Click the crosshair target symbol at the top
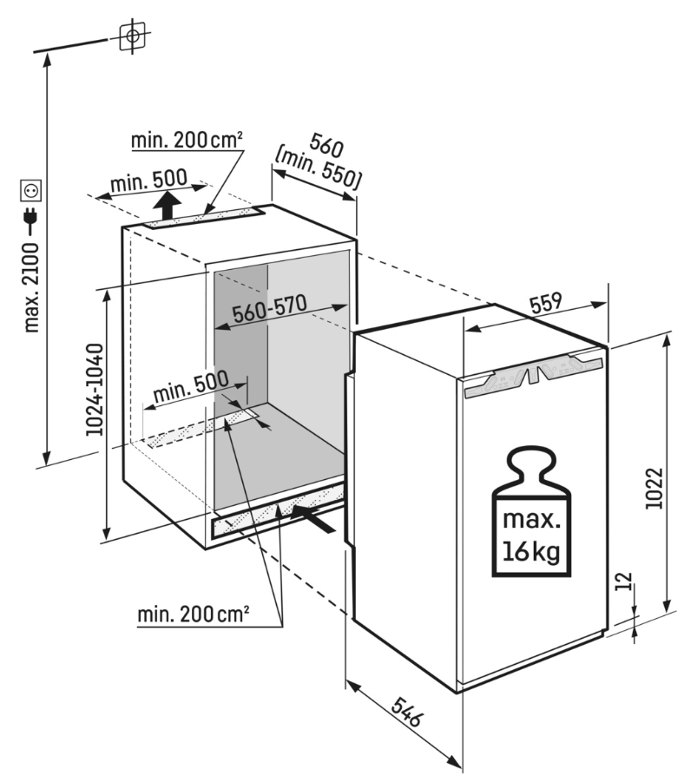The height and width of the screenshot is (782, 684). (x=132, y=36)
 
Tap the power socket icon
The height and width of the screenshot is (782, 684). (x=33, y=188)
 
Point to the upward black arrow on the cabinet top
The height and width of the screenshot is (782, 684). (x=167, y=207)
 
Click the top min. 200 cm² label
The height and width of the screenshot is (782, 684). (x=186, y=140)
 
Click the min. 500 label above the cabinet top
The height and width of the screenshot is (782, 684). (x=148, y=180)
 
